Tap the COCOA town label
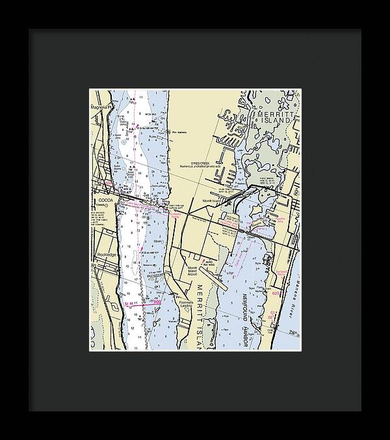click(x=105, y=199)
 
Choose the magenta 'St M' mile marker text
click(x=129, y=304)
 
